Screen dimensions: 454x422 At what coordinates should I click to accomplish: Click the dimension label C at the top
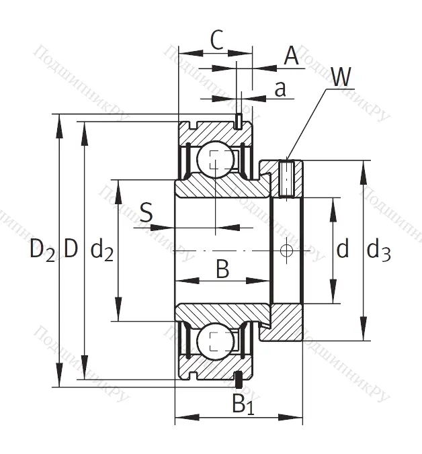215,42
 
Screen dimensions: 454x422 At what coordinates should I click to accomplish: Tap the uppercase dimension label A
291,56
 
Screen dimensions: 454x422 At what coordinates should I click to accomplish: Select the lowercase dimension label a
281,89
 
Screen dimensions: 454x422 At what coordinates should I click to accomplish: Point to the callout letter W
340,78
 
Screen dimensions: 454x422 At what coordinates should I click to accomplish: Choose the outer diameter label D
71,250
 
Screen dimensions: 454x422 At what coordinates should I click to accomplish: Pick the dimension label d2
101,251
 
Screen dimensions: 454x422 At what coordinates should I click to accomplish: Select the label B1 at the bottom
243,404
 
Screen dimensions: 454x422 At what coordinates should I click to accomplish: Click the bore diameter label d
343,251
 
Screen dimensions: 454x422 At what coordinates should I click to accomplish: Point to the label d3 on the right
379,251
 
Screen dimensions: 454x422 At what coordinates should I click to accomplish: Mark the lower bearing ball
215,340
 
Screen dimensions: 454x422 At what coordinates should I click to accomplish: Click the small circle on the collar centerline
287,251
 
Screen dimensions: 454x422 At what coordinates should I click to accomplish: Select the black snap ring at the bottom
238,379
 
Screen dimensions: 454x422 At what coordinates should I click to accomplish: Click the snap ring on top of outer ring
238,121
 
